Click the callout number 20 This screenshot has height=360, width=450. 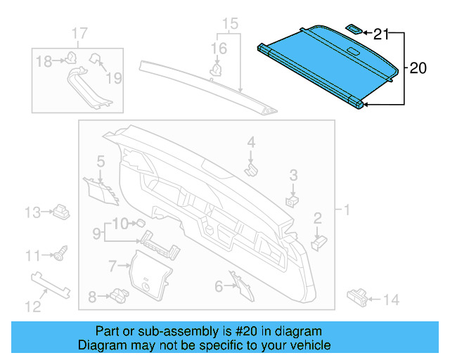(x=418, y=68)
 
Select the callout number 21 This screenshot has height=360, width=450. (x=380, y=33)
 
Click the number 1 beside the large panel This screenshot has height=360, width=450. (x=345, y=210)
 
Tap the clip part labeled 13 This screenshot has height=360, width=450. (x=61, y=210)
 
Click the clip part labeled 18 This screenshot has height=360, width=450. (x=71, y=59)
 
